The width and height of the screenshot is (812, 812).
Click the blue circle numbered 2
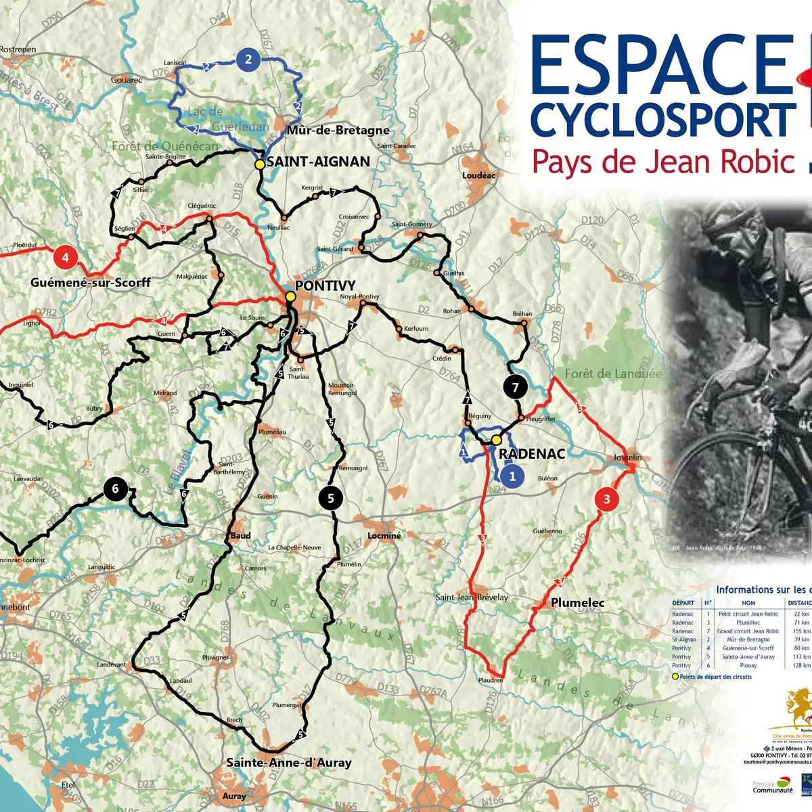pyautogui.click(x=248, y=60)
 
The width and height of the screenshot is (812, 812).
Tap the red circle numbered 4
pyautogui.click(x=65, y=257)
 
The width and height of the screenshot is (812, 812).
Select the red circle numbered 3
pyautogui.click(x=606, y=499)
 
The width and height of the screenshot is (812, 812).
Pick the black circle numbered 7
pyautogui.click(x=516, y=387)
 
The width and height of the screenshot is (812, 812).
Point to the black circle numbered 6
pyautogui.click(x=115, y=489)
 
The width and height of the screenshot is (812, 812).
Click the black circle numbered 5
pyautogui.click(x=330, y=499)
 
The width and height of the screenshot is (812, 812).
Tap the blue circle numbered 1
pyautogui.click(x=512, y=476)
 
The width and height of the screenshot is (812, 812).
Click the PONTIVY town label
pyautogui.click(x=325, y=286)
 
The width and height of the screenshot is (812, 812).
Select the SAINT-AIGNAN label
pyautogui.click(x=318, y=162)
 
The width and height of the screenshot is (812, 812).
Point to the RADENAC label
pyautogui.click(x=532, y=454)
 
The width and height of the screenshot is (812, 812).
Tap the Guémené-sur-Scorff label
pyautogui.click(x=91, y=282)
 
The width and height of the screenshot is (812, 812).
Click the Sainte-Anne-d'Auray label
pyautogui.click(x=289, y=763)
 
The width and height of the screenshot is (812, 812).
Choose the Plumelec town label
pyautogui.click(x=577, y=602)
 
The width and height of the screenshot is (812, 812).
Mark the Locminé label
pyautogui.click(x=384, y=535)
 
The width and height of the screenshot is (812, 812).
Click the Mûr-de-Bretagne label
pyautogui.click(x=338, y=130)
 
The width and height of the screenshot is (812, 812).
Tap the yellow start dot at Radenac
pyautogui.click(x=496, y=440)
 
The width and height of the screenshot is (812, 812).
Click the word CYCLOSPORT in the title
pyautogui.click(x=663, y=120)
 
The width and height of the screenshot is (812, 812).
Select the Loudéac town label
pyautogui.click(x=478, y=175)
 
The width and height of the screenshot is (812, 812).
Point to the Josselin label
pyautogui.click(x=627, y=457)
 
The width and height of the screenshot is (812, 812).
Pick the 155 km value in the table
pyautogui.click(x=801, y=631)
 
